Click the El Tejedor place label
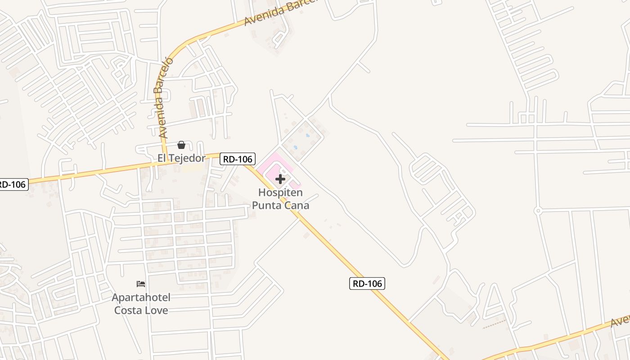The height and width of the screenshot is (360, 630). pyautogui.click(x=181, y=158)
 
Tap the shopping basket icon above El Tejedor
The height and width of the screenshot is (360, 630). pyautogui.click(x=181, y=145)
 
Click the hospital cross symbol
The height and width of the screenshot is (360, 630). pyautogui.click(x=280, y=179)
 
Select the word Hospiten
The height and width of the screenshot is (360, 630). pyautogui.click(x=280, y=193)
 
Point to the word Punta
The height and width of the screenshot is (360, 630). pyautogui.click(x=268, y=206)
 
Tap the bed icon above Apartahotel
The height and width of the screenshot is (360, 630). pyautogui.click(x=141, y=284)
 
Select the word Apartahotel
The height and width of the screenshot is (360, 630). pyautogui.click(x=141, y=297)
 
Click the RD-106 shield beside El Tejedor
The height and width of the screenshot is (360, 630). pyautogui.click(x=238, y=158)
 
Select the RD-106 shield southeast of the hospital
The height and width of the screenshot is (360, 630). pyautogui.click(x=367, y=283)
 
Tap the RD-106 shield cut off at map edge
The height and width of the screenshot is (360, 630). pyautogui.click(x=13, y=184)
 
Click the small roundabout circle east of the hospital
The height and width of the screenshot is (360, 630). pyautogui.click(x=537, y=211)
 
